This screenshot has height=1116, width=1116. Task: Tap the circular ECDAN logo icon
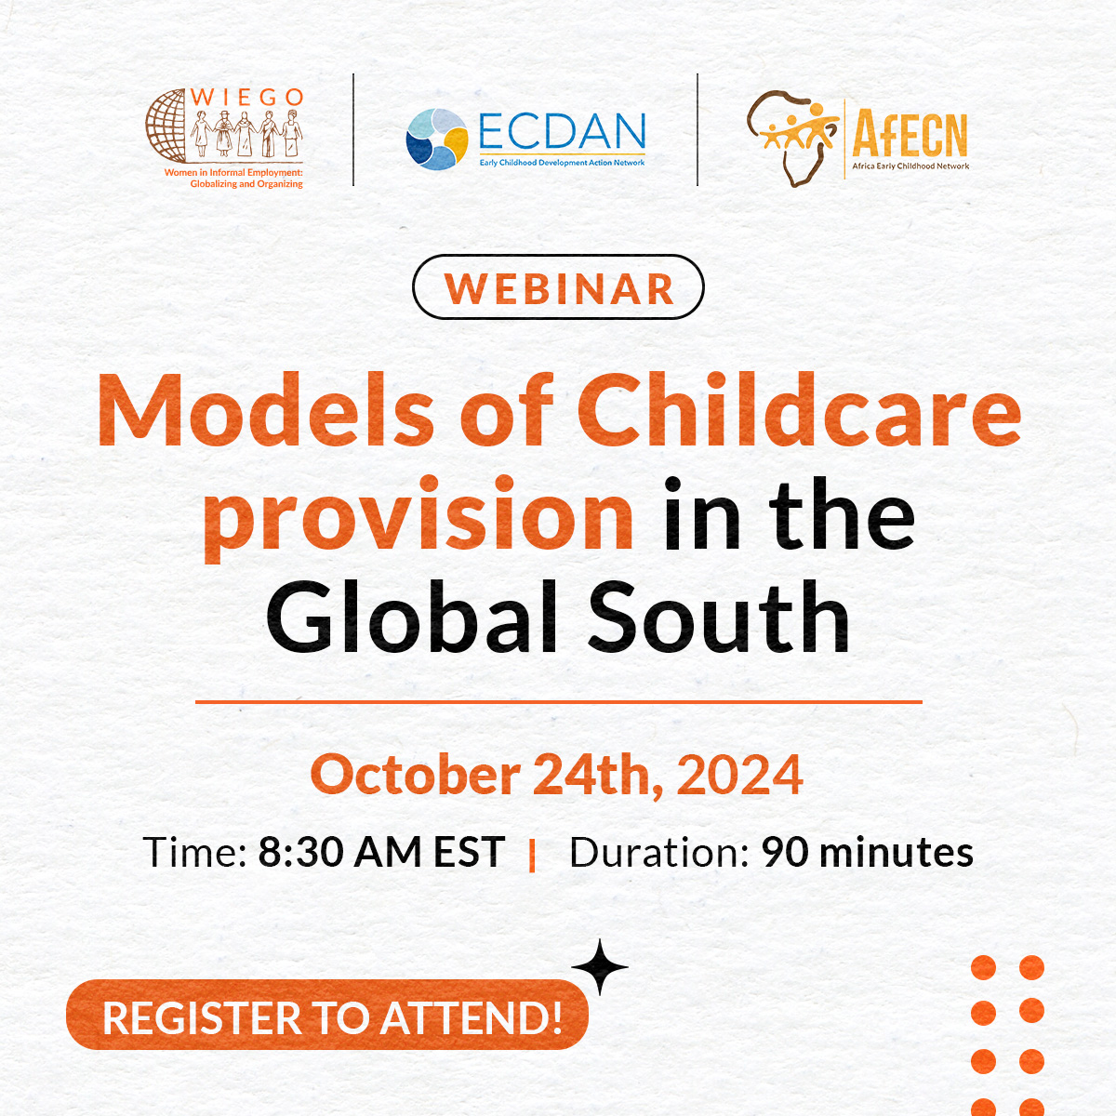[x=436, y=139]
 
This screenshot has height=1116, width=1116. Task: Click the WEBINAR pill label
[x=558, y=287]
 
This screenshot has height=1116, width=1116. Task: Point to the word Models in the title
[x=265, y=410]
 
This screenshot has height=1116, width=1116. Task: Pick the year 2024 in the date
[x=739, y=775]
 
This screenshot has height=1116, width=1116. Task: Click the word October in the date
[x=415, y=775]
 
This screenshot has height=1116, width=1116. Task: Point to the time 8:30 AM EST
[x=381, y=852]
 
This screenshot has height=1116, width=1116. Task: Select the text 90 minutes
[x=867, y=852]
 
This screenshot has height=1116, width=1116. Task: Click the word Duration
[x=658, y=852]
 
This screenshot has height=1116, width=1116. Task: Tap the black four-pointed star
[x=600, y=967]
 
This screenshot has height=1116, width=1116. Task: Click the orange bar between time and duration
[x=532, y=855]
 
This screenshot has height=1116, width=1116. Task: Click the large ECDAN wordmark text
[x=562, y=133]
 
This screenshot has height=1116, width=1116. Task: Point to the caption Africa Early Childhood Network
[x=910, y=166]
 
